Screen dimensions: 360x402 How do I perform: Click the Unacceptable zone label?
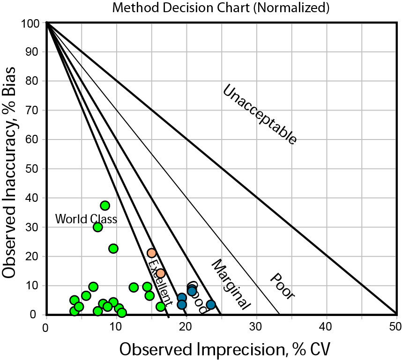point(259,115)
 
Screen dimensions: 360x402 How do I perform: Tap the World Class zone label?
point(86,219)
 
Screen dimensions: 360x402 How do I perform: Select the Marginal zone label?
point(231,284)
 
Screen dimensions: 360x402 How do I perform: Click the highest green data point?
point(105,206)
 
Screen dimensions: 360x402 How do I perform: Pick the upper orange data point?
point(151,253)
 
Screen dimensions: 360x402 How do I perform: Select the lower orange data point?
point(161,273)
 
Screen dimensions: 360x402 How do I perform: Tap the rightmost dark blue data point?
point(211,305)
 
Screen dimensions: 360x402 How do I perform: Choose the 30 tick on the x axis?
point(256,326)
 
